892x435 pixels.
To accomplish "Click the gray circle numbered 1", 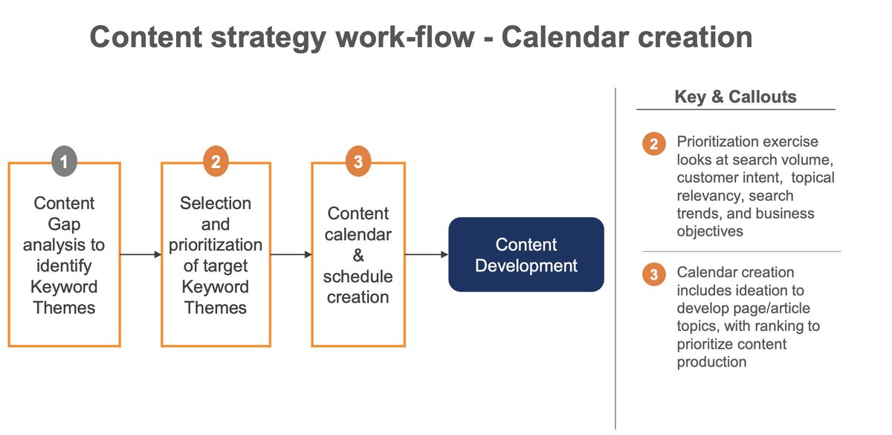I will [65, 162].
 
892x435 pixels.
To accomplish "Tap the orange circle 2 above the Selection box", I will [216, 162].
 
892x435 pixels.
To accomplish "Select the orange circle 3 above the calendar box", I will [358, 162].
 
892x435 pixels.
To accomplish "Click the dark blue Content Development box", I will [526, 254].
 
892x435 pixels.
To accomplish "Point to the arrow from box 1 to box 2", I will [140, 254].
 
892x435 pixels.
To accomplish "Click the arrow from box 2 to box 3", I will [291, 254].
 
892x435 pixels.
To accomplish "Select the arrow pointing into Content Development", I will [427, 254].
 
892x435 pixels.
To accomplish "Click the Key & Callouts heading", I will [734, 97].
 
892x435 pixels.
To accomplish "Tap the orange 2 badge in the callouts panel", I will [653, 144].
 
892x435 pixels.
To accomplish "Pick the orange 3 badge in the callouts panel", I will [653, 274].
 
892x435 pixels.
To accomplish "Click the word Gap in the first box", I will [64, 224].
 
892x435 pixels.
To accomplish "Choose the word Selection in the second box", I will [216, 203].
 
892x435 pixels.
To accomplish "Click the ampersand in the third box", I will [358, 255].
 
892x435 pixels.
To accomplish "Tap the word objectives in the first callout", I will [709, 231].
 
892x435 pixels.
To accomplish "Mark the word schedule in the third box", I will [358, 276].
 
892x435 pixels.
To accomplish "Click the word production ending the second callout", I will [711, 362].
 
